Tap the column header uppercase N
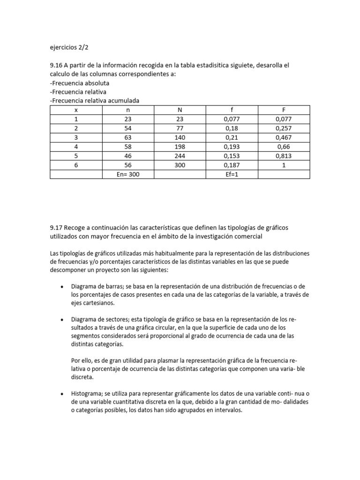[180, 110]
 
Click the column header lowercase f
[232, 110]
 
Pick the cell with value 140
[180, 138]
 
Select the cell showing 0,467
[284, 138]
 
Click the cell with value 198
[180, 147]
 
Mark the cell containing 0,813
[284, 156]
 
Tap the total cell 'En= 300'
[128, 174]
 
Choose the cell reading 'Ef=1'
[232, 174]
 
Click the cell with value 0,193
[232, 147]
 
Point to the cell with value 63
[128, 138]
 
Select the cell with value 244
[180, 156]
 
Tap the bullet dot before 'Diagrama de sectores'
[62, 319]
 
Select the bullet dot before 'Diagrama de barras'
[62, 286]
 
